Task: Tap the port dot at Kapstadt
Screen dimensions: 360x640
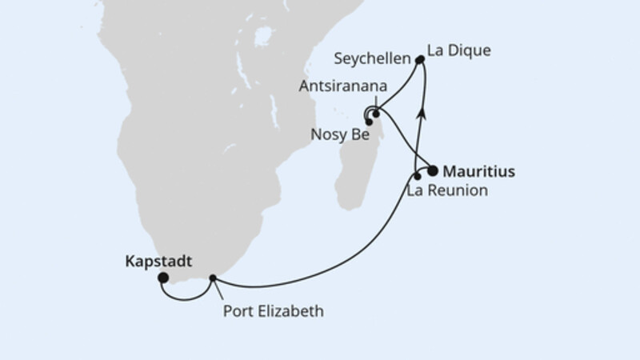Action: point(163,278)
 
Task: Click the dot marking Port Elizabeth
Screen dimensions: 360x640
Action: point(213,279)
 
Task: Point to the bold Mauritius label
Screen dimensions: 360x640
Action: point(478,171)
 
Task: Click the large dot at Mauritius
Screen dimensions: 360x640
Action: point(433,170)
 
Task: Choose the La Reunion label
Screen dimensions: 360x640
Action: point(447,191)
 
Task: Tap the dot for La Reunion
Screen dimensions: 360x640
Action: point(417,175)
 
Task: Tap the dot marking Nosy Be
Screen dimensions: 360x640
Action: point(369,122)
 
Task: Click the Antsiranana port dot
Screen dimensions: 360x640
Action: point(375,114)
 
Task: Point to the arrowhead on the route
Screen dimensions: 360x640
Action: point(423,114)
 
